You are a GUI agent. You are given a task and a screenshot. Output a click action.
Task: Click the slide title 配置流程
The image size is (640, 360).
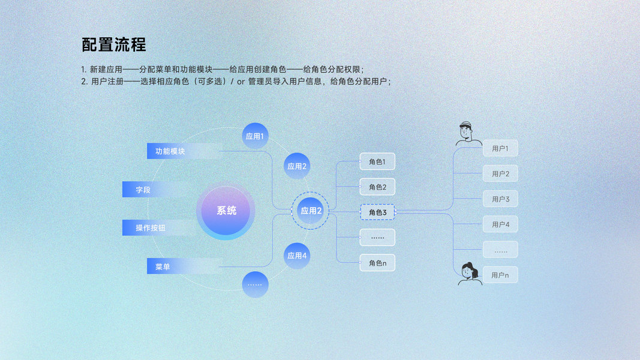114,45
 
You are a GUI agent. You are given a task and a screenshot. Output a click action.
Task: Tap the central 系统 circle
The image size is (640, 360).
226,211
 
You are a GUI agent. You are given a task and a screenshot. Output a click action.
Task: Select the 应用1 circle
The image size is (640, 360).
255,136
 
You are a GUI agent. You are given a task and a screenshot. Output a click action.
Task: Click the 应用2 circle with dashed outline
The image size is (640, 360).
311,211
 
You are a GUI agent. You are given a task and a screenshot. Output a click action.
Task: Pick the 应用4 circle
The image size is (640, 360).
297,256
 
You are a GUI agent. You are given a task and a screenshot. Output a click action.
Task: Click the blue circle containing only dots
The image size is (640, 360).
255,284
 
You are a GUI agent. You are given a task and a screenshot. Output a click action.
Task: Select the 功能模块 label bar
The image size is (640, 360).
170,151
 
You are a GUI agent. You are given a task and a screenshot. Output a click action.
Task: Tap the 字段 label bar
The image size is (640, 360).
144,190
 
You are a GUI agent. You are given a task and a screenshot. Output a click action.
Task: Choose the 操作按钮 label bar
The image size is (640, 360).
151,228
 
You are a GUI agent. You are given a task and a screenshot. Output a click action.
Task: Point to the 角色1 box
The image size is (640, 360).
377,162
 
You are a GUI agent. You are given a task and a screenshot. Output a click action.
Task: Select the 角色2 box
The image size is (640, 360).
377,187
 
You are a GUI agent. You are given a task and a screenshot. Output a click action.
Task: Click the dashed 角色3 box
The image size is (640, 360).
377,212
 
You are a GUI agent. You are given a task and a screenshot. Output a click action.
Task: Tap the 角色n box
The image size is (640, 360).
377,263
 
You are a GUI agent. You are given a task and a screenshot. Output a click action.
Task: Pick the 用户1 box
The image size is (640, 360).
500,148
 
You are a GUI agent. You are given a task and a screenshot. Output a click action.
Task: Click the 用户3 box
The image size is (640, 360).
500,199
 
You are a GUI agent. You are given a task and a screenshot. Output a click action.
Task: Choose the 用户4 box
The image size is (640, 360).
500,224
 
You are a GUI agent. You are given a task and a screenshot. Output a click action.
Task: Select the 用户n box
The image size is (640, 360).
500,275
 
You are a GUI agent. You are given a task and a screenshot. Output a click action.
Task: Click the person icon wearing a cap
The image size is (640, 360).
467,134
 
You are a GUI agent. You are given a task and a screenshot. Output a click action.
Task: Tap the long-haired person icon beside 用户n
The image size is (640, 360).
468,274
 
